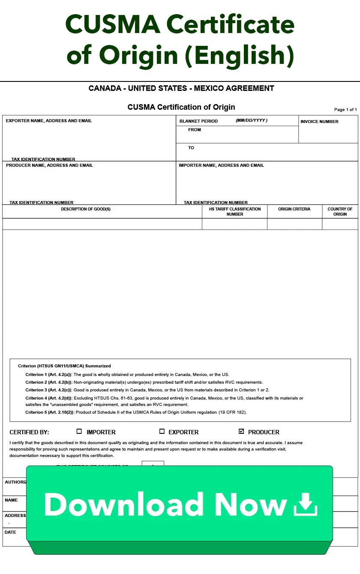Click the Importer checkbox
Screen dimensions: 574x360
tap(79, 432)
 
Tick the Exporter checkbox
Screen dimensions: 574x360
tap(162, 432)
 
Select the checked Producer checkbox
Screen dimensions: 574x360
tap(241, 432)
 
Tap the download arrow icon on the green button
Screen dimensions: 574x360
tap(305, 504)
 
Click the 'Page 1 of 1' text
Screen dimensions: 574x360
tap(345, 110)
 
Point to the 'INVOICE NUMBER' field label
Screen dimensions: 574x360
tap(319, 122)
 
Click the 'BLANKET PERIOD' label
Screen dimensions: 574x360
tap(198, 121)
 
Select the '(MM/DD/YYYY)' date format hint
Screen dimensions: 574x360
tap(252, 121)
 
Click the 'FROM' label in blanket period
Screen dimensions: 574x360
tap(194, 130)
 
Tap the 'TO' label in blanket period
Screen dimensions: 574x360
tap(191, 148)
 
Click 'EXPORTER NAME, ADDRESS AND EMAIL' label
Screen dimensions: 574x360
tap(49, 121)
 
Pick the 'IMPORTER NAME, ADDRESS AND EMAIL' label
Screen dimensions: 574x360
tap(221, 165)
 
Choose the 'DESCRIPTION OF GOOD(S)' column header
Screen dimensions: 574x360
tap(86, 209)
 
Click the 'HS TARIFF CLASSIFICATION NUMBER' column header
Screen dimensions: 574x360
tap(235, 211)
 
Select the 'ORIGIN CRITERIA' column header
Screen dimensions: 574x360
tap(294, 209)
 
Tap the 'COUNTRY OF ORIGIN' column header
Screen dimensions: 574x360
tap(340, 211)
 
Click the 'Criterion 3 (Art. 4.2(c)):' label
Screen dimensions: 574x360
tap(49, 390)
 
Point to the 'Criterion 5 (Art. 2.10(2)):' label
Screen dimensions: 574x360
tap(50, 412)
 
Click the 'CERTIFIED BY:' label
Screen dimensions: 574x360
tap(29, 432)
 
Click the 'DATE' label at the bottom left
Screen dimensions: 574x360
tap(10, 532)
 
